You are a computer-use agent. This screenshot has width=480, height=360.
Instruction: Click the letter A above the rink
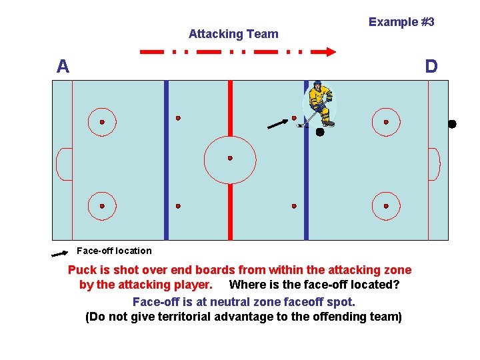[63, 66]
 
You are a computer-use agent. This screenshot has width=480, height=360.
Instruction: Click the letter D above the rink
[431, 66]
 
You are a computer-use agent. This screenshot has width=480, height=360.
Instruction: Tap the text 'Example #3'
[401, 22]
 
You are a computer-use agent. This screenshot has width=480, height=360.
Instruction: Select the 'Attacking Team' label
[233, 34]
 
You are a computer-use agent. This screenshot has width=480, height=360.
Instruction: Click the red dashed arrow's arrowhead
[329, 50]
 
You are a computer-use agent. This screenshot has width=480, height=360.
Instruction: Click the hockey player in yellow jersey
[320, 103]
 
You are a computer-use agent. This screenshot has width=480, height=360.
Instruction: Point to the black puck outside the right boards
[452, 124]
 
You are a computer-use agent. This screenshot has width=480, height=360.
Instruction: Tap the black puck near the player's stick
[320, 132]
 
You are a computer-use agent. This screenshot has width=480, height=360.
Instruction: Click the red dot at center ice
[230, 158]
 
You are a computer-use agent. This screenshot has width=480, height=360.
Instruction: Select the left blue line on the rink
[166, 160]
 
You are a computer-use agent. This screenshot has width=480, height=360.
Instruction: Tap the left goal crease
[64, 164]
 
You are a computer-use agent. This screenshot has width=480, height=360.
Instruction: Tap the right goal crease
[434, 164]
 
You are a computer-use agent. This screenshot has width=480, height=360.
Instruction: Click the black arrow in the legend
[60, 253]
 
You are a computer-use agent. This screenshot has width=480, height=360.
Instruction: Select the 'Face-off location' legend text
[114, 251]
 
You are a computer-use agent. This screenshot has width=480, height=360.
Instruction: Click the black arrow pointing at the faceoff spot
[277, 123]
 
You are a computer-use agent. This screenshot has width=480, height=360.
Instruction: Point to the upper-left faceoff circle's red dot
[102, 123]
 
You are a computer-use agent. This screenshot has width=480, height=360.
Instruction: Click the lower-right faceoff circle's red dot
[386, 207]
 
